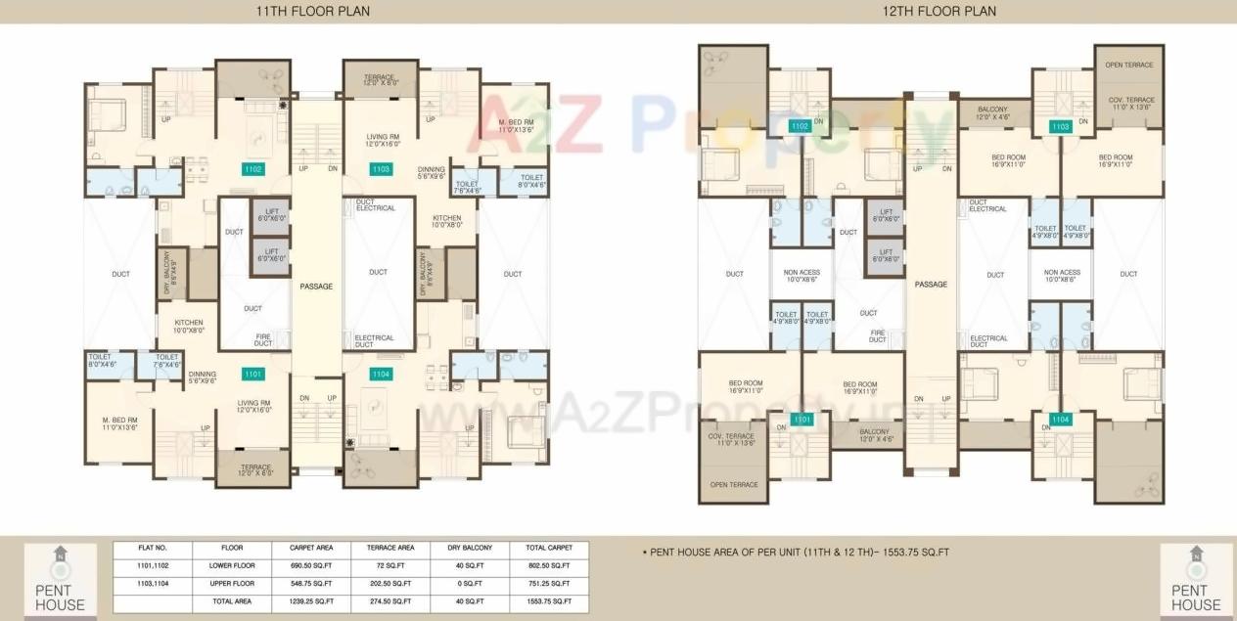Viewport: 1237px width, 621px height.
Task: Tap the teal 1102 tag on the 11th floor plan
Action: tap(253, 169)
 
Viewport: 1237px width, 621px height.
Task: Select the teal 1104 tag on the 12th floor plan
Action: tap(1059, 420)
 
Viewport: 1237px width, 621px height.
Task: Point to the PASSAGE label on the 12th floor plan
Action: tap(931, 285)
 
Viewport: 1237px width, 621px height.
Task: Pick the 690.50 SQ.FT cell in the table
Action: tap(311, 565)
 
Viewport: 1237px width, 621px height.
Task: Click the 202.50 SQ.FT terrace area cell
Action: tap(389, 584)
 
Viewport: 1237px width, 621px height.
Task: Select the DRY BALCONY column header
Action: tap(469, 548)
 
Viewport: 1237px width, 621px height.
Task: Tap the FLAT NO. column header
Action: tap(154, 548)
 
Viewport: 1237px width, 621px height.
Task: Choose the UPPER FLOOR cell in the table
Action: tap(232, 584)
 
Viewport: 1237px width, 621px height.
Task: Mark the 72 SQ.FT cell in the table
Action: tap(389, 565)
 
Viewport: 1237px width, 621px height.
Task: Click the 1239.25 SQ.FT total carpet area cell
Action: tap(311, 601)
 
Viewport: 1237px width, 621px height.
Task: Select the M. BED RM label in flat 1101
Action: tap(117, 421)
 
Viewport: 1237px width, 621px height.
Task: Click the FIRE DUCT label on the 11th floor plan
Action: tap(263, 339)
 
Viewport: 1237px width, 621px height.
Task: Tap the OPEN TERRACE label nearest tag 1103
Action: tap(1128, 65)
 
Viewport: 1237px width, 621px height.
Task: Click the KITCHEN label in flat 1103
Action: tap(447, 221)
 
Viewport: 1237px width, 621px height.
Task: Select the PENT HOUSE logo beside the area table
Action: tap(60, 582)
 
